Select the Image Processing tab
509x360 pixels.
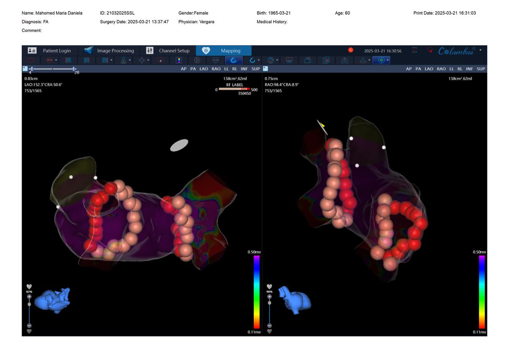[109, 51]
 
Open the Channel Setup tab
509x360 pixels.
[168, 51]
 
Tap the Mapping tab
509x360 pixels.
[224, 51]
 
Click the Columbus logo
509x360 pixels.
[456, 51]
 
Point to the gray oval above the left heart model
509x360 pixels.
[179, 145]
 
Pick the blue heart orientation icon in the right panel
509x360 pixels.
[294, 299]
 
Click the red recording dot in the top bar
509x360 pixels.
[351, 50]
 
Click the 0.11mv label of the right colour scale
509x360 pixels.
[480, 332]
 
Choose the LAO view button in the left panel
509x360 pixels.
[204, 69]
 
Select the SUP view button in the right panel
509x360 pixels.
[481, 69]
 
